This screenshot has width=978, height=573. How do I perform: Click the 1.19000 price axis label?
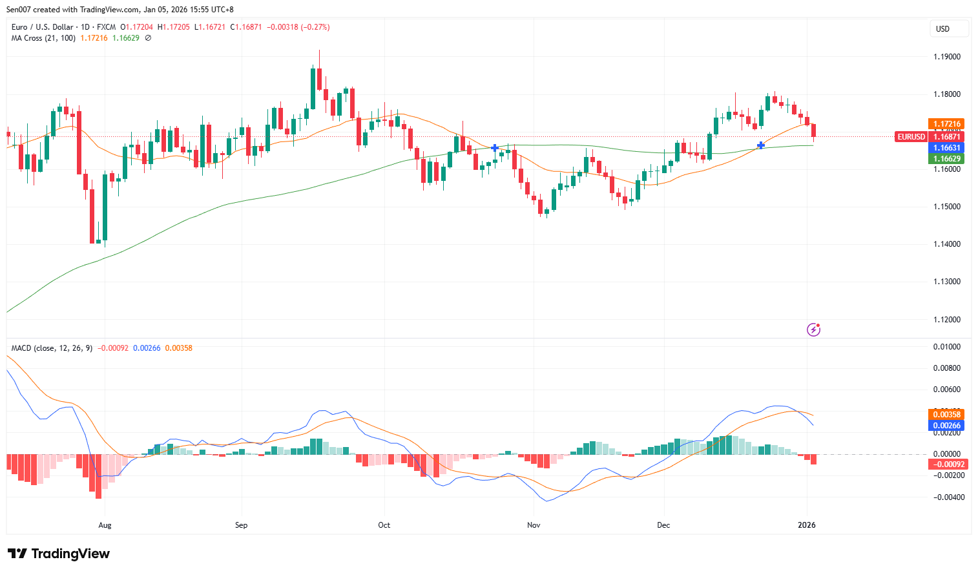pyautogui.click(x=946, y=57)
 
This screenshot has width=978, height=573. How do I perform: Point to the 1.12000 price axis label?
pyautogui.click(x=946, y=320)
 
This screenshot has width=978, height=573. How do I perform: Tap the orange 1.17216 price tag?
pyautogui.click(x=946, y=123)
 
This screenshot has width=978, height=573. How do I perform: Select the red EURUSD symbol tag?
pyautogui.click(x=911, y=136)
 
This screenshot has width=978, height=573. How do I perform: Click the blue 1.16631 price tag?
pyautogui.click(x=946, y=148)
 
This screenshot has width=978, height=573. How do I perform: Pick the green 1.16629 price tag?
pyautogui.click(x=946, y=159)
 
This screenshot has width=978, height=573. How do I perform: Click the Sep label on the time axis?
pyautogui.click(x=241, y=525)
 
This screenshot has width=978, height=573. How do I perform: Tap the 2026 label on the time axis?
pyautogui.click(x=806, y=525)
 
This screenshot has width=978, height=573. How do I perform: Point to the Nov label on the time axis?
pyautogui.click(x=534, y=525)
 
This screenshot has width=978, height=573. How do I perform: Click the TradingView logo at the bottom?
pyautogui.click(x=59, y=554)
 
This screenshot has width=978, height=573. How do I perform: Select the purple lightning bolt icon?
pyautogui.click(x=813, y=330)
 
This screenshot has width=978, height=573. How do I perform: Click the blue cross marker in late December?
pyautogui.click(x=761, y=145)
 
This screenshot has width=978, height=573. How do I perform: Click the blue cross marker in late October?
pyautogui.click(x=495, y=148)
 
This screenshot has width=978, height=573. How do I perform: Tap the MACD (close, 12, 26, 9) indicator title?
pyautogui.click(x=52, y=348)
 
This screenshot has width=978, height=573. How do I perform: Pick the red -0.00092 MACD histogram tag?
pyautogui.click(x=946, y=464)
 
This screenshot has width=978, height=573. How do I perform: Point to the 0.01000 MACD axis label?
pyautogui.click(x=946, y=347)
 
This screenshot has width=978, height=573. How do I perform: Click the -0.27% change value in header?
pyautogui.click(x=317, y=27)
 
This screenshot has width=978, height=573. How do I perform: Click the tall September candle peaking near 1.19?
pyautogui.click(x=319, y=78)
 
